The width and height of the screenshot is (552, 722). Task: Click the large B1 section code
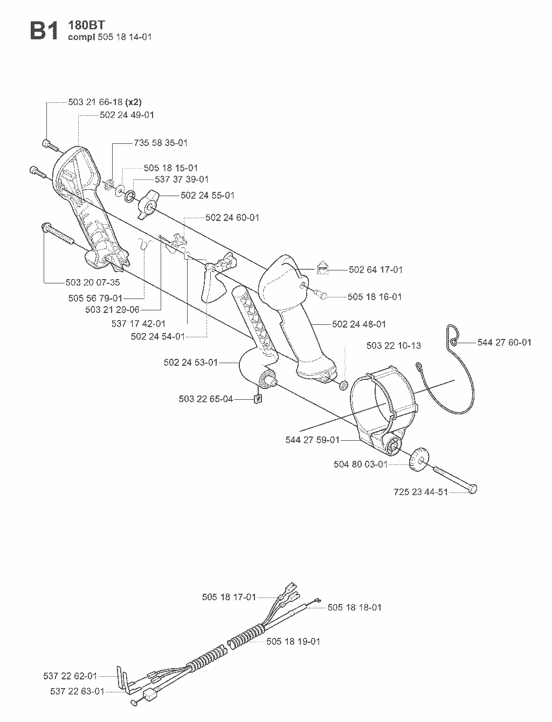[x=44, y=31]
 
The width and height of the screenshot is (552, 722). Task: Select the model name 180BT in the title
[x=86, y=25]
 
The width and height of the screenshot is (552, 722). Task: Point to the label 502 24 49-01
[x=127, y=115]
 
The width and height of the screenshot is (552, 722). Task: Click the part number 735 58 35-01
[x=161, y=143]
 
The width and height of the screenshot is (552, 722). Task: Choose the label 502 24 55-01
[x=208, y=196]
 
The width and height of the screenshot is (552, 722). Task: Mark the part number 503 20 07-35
[x=92, y=282]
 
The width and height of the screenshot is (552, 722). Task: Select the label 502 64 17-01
[x=376, y=270]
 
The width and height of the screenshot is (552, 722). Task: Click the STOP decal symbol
[x=323, y=269]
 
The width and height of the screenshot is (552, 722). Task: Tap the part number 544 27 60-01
[x=505, y=343]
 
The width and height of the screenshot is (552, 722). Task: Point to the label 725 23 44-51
[x=421, y=492]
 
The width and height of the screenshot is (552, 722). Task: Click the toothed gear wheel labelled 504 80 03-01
[x=419, y=460]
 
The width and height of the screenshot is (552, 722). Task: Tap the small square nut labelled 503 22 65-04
[x=258, y=399]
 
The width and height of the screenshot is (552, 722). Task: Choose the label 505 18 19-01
[x=293, y=641]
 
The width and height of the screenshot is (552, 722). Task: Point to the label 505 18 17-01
[x=229, y=597]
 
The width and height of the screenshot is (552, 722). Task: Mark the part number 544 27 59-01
[x=312, y=440]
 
